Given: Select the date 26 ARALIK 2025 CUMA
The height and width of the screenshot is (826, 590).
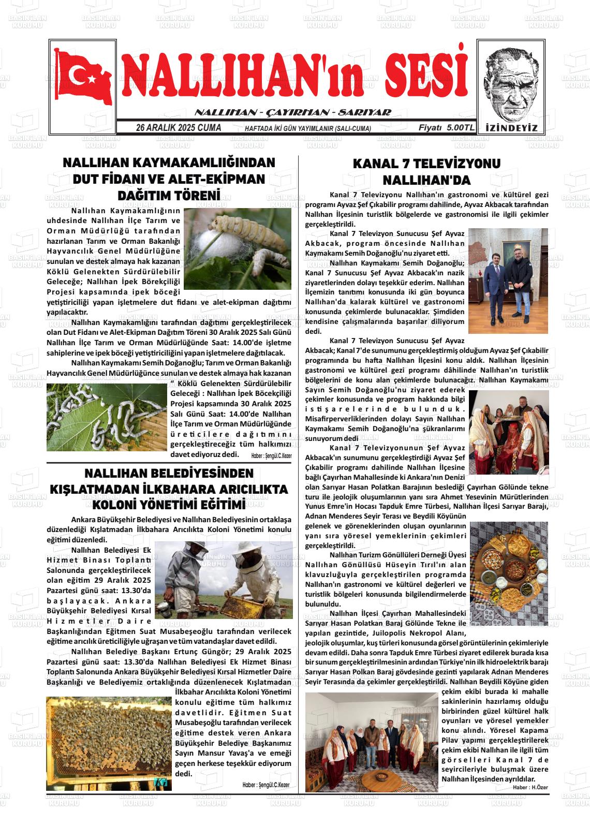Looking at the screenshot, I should [178, 128].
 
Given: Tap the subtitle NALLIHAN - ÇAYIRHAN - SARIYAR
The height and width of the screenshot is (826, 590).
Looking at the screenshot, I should [292, 112].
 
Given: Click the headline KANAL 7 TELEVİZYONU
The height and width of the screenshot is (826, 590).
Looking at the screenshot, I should [426, 164].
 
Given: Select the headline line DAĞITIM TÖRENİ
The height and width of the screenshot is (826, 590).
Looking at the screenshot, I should [169, 196].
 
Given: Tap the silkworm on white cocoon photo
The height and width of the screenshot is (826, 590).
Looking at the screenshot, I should [238, 248].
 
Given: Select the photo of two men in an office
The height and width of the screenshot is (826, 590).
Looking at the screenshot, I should [508, 281].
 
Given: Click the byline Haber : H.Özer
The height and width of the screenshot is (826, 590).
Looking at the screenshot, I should [530, 787].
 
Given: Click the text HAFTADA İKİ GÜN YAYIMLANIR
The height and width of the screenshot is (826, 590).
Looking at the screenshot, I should [307, 128].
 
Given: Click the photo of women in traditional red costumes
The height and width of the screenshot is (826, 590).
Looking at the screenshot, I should [508, 432].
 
